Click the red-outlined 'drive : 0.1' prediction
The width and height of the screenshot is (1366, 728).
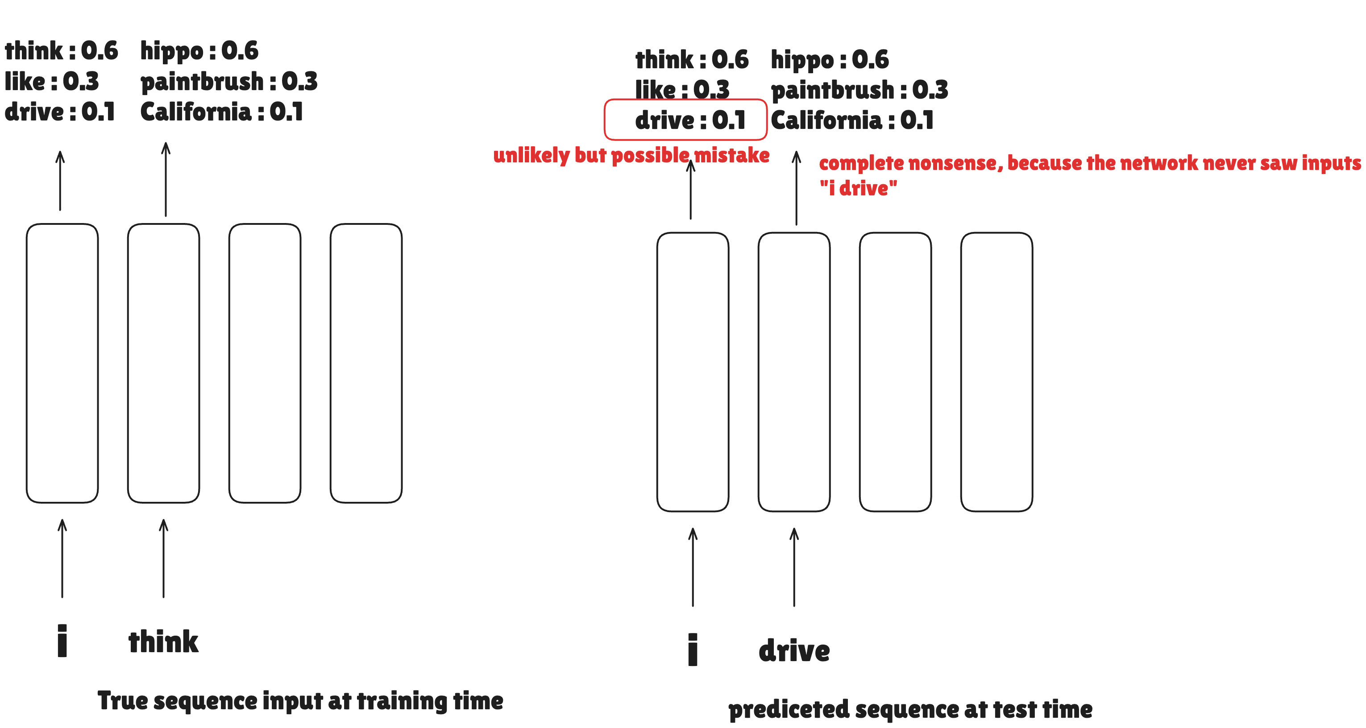pos(689,120)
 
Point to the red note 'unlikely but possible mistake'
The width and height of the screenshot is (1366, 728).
pos(631,155)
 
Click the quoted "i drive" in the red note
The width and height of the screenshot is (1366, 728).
pos(858,188)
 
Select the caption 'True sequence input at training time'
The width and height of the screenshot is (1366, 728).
pos(300,700)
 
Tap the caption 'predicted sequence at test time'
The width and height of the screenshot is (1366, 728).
pos(910,709)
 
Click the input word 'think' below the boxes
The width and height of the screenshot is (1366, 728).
pos(163,641)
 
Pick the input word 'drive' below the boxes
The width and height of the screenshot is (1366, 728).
pos(794,650)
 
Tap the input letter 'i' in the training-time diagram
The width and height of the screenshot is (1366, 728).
pos(62,641)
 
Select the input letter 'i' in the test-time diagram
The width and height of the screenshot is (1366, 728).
pos(693,649)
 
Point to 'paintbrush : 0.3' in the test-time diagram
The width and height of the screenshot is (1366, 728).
pos(859,90)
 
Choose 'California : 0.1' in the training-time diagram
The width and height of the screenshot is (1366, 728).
pos(221,112)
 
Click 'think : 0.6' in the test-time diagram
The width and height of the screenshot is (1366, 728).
pos(692,59)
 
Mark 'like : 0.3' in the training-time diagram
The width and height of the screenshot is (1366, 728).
pos(51,82)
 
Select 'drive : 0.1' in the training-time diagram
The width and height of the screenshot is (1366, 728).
pos(59,112)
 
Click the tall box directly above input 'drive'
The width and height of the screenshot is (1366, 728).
pos(794,372)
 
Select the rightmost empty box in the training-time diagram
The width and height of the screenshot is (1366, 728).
pos(366,363)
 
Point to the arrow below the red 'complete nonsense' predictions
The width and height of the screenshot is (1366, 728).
pos(796,188)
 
